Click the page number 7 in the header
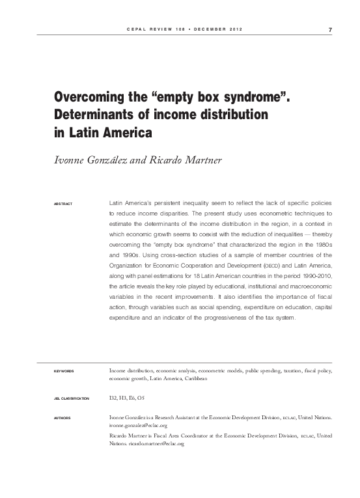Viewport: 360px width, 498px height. click(x=330, y=29)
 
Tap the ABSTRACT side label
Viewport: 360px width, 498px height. click(x=64, y=204)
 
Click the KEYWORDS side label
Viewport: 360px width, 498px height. click(x=63, y=371)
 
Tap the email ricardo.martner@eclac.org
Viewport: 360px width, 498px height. click(x=156, y=443)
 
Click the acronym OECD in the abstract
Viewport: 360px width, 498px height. click(x=264, y=266)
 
